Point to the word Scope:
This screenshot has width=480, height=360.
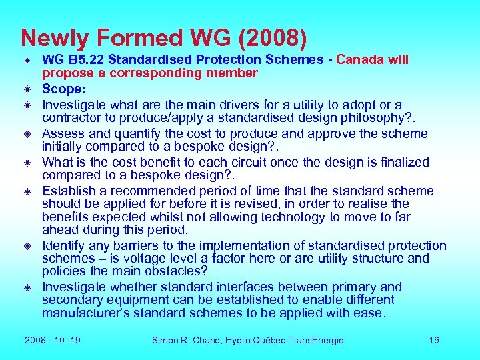(63, 88)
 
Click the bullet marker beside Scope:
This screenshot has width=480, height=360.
(29, 88)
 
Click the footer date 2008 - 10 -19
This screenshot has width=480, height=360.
(53, 341)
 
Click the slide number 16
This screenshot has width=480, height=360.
(433, 341)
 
